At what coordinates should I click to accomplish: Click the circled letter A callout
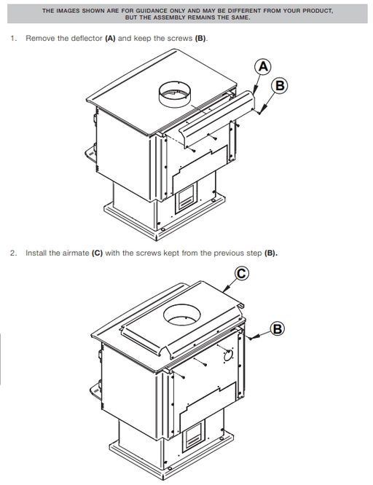coord(263,66)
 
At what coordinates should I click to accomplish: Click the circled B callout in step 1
coord(280,85)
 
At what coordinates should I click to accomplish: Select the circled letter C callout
coord(241,273)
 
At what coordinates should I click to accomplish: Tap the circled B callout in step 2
coord(277,328)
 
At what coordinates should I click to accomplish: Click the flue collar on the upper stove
coord(175,95)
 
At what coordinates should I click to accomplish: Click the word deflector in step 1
coord(87,39)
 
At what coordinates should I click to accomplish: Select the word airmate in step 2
coord(76,253)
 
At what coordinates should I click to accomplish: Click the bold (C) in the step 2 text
coord(97,253)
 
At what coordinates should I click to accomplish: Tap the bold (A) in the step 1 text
coord(110,39)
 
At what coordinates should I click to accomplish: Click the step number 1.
coord(13,39)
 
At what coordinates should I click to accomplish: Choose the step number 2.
coord(13,253)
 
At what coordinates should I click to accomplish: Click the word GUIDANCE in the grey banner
coord(152,11)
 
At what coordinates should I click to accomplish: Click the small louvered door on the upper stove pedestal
coord(186,197)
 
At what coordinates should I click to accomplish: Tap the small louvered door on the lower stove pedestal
coord(193,435)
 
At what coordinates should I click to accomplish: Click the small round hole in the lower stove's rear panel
coord(228,355)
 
